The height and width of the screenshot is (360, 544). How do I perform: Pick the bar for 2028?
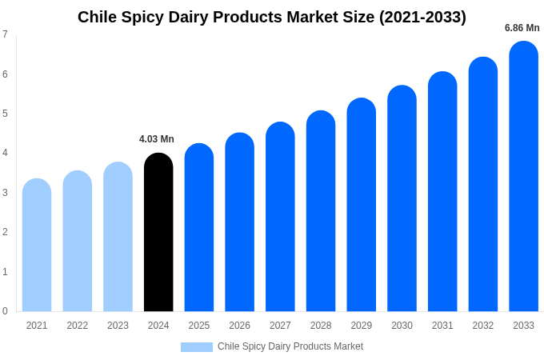tap(321, 211)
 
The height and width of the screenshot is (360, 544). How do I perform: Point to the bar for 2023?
tap(118, 237)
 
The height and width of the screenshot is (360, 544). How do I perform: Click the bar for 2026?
tap(239, 222)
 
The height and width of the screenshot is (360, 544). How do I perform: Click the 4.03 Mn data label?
tap(157, 139)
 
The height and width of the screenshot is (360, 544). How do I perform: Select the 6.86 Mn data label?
tap(522, 28)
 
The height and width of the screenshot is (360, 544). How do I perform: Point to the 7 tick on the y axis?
tap(5, 34)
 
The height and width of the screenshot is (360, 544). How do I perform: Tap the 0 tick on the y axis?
tap(5, 311)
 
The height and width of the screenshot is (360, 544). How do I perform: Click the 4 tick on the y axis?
tap(5, 153)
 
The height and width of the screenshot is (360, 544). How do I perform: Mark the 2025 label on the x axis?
tap(199, 326)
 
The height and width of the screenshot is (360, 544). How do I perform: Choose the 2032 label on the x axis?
tap(482, 326)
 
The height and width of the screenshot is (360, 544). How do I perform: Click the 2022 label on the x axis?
tap(78, 326)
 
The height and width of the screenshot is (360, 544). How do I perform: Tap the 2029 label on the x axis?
tap(361, 326)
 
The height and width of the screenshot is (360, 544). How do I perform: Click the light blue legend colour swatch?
tap(197, 346)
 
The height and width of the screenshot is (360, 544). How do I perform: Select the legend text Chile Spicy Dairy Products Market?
tap(290, 346)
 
